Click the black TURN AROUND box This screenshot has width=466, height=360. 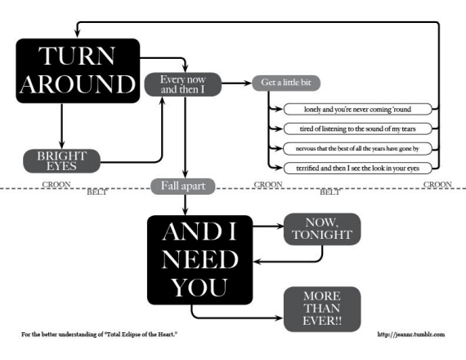[x=78, y=71]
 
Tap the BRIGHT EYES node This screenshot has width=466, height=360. [x=62, y=161]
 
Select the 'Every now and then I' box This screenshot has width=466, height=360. [x=183, y=84]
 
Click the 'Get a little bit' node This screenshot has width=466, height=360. [x=286, y=83]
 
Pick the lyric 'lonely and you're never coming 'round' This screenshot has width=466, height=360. [x=357, y=109]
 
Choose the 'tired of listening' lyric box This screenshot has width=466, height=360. [x=357, y=128]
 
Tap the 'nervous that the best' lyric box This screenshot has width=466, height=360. [x=357, y=148]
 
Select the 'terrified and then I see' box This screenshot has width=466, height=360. [x=357, y=168]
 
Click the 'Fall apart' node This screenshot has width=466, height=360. [x=183, y=187]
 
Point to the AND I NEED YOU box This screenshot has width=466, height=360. [x=200, y=259]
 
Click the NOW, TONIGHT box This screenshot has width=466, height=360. [x=322, y=229]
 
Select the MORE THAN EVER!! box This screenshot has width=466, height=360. [x=322, y=309]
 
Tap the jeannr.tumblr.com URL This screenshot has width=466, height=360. [x=411, y=335]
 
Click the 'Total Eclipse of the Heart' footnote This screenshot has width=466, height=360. [x=99, y=335]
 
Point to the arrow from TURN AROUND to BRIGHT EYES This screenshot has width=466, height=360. [x=62, y=126]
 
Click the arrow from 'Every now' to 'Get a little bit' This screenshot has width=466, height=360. [x=237, y=83]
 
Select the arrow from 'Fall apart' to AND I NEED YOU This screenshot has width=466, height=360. [x=185, y=205]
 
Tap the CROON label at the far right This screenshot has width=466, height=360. [x=437, y=184]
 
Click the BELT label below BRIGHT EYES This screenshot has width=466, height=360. [x=96, y=192]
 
